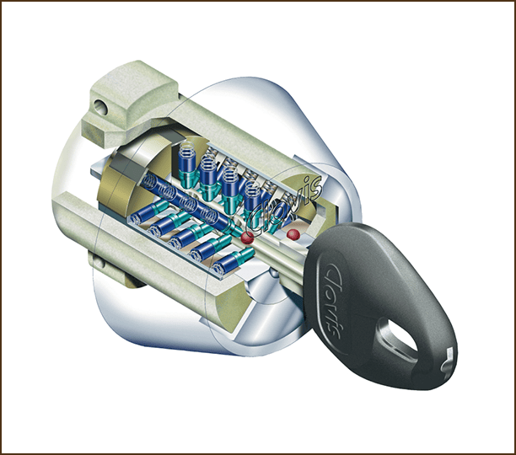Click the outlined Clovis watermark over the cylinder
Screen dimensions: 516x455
[284, 203]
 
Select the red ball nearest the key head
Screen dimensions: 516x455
[293, 234]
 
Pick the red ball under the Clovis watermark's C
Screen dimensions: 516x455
[248, 238]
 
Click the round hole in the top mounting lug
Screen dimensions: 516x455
[100, 107]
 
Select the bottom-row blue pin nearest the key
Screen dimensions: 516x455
[233, 262]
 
